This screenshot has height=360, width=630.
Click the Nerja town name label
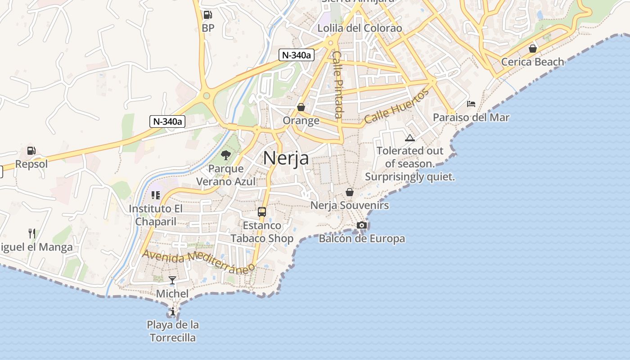coord(286,158)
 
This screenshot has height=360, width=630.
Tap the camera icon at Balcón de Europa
coord(362,225)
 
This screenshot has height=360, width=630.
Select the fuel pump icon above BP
coord(207,14)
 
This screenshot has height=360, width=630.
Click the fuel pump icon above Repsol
coord(31,151)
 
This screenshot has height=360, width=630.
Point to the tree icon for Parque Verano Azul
coord(226,156)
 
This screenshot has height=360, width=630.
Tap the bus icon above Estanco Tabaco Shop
coord(262,211)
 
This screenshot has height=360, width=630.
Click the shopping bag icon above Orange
coord(301,107)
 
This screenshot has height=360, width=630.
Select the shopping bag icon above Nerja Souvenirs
coord(350,192)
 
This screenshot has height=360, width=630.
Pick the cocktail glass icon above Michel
coord(172,280)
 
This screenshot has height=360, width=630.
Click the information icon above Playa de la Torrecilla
coord(172,311)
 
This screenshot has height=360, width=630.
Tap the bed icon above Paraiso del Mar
coord(471,104)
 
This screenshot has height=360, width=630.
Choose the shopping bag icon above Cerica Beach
coord(533,49)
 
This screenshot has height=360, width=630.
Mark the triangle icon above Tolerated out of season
coord(409,138)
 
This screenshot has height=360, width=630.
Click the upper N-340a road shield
coord(296,55)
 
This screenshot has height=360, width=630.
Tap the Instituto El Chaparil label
coord(156,215)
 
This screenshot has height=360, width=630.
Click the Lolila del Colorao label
coord(360,28)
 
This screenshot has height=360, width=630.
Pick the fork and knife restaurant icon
coord(32,233)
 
